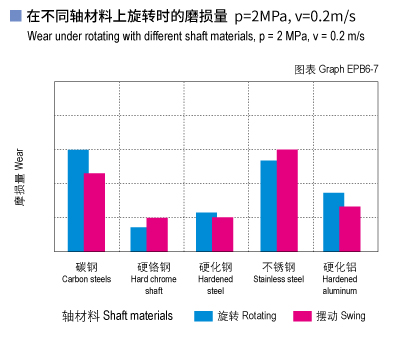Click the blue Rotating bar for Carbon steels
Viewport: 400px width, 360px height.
[x=78, y=200]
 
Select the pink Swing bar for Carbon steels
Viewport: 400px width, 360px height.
[x=94, y=212]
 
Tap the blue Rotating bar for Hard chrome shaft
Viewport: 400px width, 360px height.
[x=139, y=239]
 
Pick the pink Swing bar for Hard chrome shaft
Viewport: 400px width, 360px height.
[x=157, y=234]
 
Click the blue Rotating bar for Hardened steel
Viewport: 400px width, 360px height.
[x=206, y=231]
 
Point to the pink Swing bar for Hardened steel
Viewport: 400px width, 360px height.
[x=222, y=234]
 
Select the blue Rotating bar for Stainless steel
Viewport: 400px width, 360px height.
[x=270, y=205]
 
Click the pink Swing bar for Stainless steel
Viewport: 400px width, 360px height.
[x=287, y=200]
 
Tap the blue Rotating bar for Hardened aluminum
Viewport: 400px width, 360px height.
[x=333, y=221]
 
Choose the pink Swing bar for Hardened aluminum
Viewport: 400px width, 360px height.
[x=350, y=228]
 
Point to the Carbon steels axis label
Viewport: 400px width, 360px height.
[x=87, y=273]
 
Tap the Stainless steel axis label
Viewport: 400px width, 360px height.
[x=278, y=273]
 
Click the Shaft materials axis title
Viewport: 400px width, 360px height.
[x=117, y=316]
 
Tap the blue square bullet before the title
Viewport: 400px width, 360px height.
[x=15, y=17]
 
